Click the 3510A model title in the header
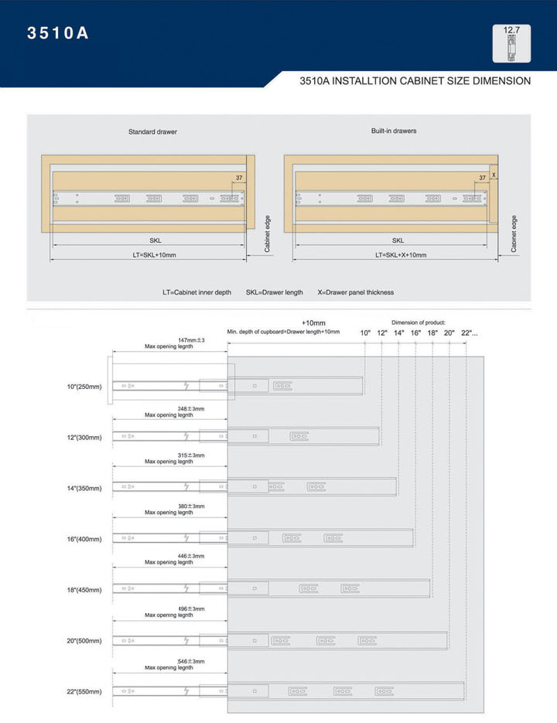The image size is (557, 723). pyautogui.click(x=58, y=32)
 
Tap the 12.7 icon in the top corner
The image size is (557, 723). pyautogui.click(x=511, y=43)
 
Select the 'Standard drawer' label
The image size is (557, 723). pyautogui.click(x=152, y=132)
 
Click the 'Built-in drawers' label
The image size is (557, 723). pyautogui.click(x=394, y=131)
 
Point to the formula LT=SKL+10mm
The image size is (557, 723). pyautogui.click(x=154, y=255)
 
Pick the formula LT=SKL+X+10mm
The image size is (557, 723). pyautogui.click(x=401, y=255)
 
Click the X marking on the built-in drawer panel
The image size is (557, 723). pyautogui.click(x=494, y=176)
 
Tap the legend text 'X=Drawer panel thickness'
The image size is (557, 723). pyautogui.click(x=356, y=292)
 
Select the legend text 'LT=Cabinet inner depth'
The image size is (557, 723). pyautogui.click(x=196, y=292)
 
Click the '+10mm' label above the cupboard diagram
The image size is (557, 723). pyautogui.click(x=313, y=322)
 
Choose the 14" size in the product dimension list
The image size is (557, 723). pyautogui.click(x=399, y=333)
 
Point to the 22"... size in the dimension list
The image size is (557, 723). pyautogui.click(x=470, y=333)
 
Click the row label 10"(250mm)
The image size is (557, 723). pyautogui.click(x=84, y=387)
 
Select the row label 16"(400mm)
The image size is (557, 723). pyautogui.click(x=84, y=539)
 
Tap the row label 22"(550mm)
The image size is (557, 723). pyautogui.click(x=84, y=691)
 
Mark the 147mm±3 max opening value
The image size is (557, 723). pyautogui.click(x=191, y=340)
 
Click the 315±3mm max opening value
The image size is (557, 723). pyautogui.click(x=191, y=455)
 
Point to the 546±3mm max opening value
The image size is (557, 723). pyautogui.click(x=191, y=662)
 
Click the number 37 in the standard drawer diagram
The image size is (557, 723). pyautogui.click(x=239, y=178)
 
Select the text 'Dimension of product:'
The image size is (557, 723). pyautogui.click(x=419, y=322)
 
